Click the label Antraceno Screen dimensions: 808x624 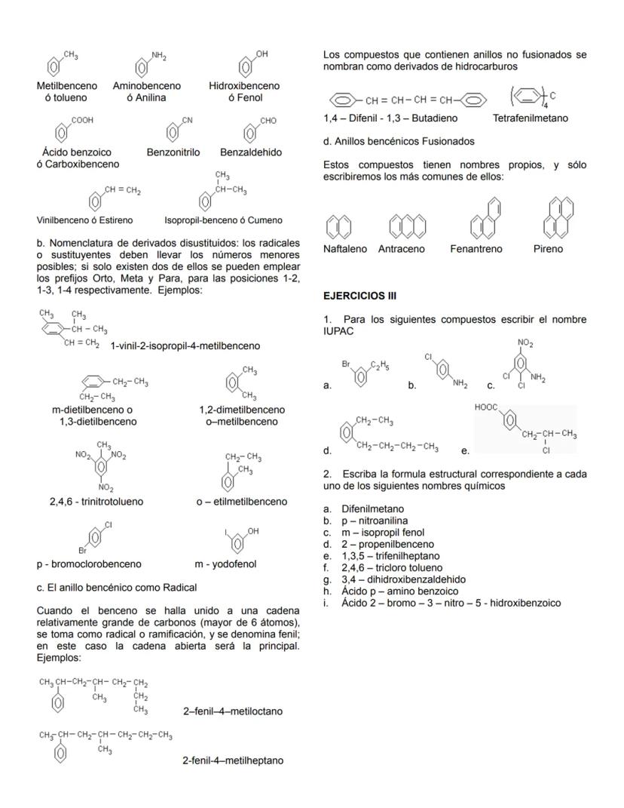401,249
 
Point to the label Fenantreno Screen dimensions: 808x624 476,249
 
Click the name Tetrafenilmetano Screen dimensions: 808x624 531,118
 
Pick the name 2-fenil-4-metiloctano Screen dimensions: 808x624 233,711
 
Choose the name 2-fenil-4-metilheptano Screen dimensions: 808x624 233,760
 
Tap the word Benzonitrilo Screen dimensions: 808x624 173,152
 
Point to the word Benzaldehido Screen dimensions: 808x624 251,152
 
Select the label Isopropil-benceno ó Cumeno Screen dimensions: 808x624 224,220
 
